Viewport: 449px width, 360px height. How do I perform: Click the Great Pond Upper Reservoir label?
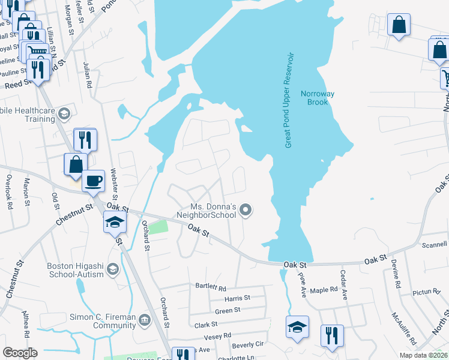tap(289, 100)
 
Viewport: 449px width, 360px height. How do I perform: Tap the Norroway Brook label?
tap(318, 98)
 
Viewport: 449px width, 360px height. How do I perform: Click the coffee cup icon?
tap(93, 181)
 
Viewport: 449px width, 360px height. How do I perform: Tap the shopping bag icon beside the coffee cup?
tap(76, 164)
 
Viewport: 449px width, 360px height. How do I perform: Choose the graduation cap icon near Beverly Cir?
tap(297, 327)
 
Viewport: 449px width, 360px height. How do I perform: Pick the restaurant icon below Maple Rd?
tap(331, 335)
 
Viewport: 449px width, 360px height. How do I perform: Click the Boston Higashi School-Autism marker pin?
tap(112, 269)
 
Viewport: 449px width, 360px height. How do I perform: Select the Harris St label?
tap(237, 298)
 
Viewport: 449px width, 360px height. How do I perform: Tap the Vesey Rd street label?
tap(217, 337)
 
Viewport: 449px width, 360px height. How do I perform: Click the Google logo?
tap(20, 353)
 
